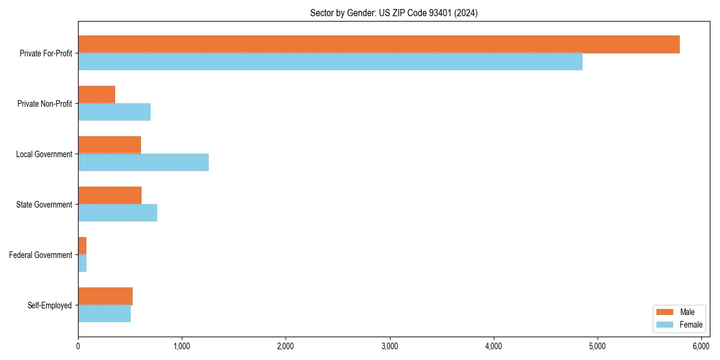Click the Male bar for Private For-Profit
(x=379, y=44)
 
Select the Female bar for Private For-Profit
(x=330, y=62)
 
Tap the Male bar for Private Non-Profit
(x=97, y=95)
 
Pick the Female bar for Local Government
(x=143, y=163)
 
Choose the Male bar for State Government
(x=110, y=196)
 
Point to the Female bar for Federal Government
(x=82, y=263)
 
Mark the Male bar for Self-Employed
(x=105, y=296)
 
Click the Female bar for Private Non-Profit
(x=114, y=112)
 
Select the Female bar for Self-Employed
(x=104, y=314)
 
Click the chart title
(x=394, y=13)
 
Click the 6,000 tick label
(x=701, y=346)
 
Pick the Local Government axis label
(x=44, y=154)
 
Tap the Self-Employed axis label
(x=49, y=305)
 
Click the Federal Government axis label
(x=40, y=255)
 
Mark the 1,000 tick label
(x=182, y=346)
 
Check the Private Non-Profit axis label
(x=44, y=104)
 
